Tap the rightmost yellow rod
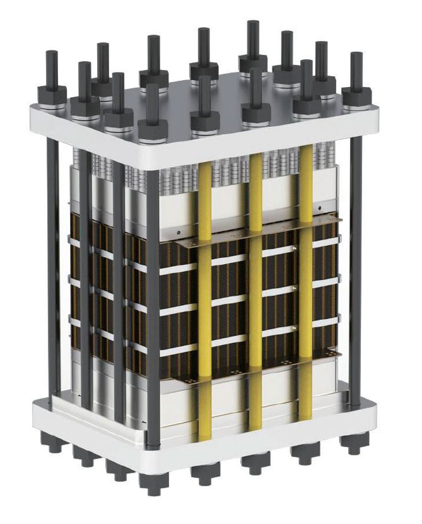[x=305, y=284]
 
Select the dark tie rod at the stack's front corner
[x=152, y=303]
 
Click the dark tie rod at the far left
[x=52, y=265]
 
